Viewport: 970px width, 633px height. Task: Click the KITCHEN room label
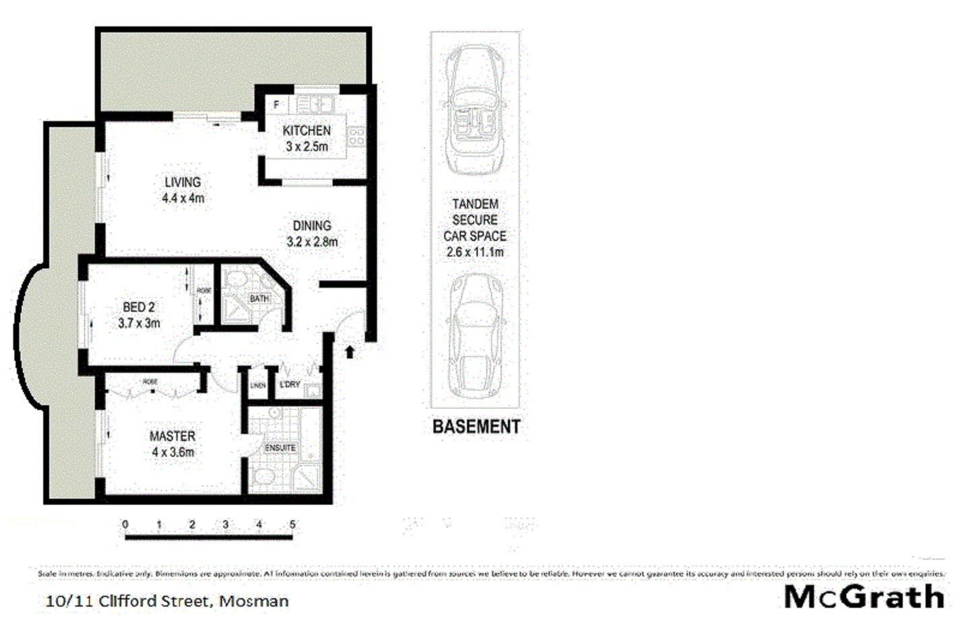click(306, 131)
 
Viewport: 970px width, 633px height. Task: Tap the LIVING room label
click(183, 182)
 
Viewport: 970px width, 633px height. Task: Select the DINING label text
click(312, 226)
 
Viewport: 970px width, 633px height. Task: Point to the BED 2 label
click(139, 307)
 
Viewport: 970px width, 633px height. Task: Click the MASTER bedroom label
click(172, 436)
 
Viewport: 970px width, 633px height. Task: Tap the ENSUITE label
click(280, 448)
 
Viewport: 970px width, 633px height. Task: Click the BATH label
click(259, 298)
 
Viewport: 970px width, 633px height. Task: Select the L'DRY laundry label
click(290, 385)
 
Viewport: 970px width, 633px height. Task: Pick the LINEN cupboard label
click(257, 386)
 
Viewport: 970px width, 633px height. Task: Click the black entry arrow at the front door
click(350, 352)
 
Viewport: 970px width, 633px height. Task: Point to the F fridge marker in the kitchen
click(276, 105)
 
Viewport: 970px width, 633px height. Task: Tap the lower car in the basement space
click(475, 335)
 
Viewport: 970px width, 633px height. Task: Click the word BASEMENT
click(476, 426)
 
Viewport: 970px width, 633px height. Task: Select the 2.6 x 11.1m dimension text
click(475, 253)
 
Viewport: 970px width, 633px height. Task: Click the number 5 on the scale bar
click(292, 524)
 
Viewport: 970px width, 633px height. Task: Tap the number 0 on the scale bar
click(125, 524)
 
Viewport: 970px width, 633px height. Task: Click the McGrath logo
click(864, 597)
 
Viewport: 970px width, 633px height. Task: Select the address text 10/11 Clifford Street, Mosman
click(167, 601)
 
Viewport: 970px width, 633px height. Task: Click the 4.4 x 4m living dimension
click(183, 198)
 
